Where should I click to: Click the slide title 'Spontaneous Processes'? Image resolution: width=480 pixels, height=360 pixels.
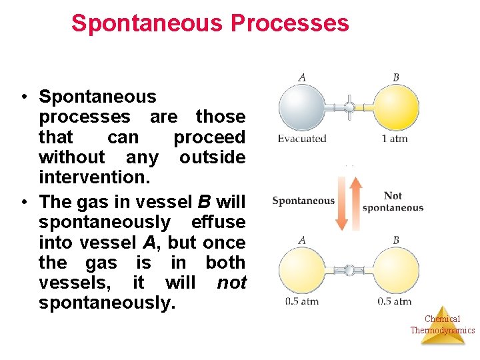coord(210,23)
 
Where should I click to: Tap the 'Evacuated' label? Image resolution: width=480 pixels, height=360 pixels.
coord(302,139)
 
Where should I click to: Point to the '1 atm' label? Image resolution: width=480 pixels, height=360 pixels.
coord(395,139)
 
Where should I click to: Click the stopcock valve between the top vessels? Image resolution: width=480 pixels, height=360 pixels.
coord(349,107)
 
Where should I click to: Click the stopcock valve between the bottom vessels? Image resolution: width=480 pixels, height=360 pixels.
coord(349,270)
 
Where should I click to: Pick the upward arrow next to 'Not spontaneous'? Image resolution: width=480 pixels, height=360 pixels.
coord(355,200)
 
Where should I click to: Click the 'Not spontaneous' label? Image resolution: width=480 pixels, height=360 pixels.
coord(393,201)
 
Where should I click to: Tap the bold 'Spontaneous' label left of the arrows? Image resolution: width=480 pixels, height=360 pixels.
coord(303,201)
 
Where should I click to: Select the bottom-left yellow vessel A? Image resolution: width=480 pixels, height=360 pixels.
coord(302,270)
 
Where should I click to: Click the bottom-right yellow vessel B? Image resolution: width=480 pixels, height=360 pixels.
coord(395,270)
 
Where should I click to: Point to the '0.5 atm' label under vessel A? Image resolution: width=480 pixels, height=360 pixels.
coord(301,301)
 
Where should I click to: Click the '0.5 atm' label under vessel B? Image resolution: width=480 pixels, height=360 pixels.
coord(395,301)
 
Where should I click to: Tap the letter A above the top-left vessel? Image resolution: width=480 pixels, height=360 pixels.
coord(302,77)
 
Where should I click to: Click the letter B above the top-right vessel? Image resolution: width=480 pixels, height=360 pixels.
coord(396,77)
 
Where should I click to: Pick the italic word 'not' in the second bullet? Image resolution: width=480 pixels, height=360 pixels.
coord(232,283)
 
